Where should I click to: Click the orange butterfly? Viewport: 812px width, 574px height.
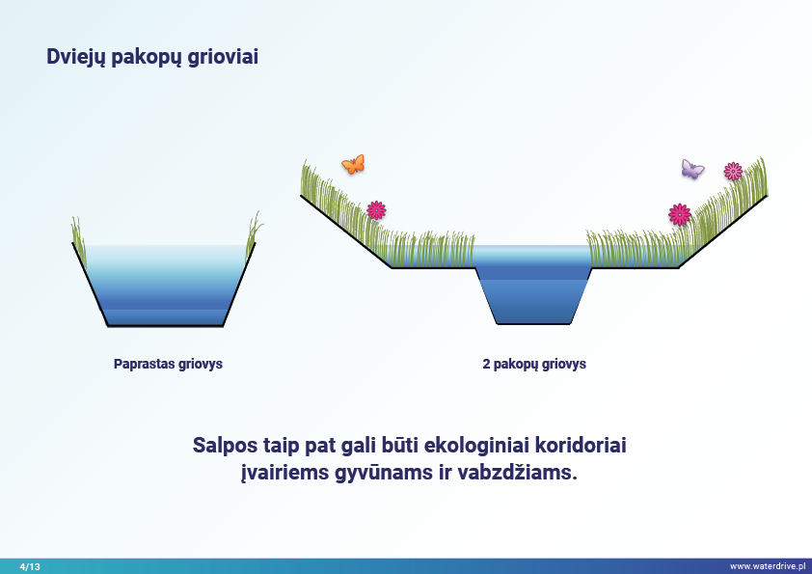tap(353, 164)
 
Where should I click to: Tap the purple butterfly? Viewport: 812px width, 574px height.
tap(692, 170)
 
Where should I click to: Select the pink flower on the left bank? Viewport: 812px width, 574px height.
tap(376, 209)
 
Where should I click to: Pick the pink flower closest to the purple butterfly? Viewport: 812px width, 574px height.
tap(733, 171)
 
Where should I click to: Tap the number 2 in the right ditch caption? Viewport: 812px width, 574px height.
tap(486, 365)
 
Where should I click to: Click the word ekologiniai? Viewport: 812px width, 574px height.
tap(475, 447)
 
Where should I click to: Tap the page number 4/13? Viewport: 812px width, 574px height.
tap(30, 565)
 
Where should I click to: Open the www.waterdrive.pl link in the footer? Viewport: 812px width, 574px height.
tap(767, 565)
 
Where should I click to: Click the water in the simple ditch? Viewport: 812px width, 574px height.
tap(165, 285)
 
